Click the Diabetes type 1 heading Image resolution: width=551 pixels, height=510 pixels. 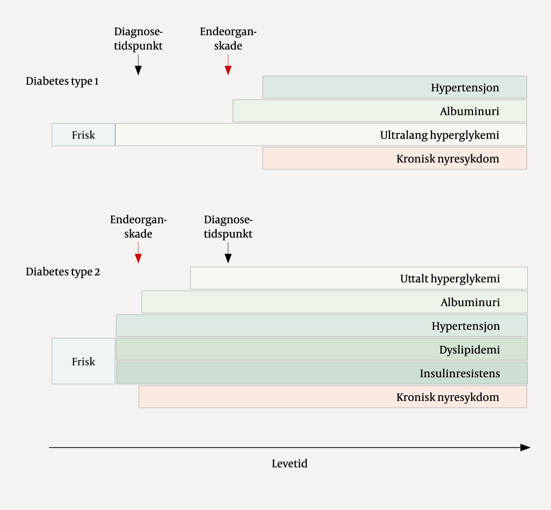point(62,81)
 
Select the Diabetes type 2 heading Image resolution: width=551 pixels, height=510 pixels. point(63,272)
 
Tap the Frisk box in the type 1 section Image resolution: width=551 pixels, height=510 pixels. point(83,135)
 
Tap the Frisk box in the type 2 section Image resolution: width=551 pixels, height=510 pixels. point(83,362)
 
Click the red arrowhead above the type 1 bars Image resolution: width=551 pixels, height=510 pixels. point(228,70)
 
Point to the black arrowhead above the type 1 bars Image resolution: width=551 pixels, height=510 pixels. point(138,70)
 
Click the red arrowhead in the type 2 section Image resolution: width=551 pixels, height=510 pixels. point(138,259)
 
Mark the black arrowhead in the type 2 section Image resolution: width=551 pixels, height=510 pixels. point(228,259)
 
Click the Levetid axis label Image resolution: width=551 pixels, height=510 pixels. point(289,464)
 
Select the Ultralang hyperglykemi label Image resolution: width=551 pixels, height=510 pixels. point(439,135)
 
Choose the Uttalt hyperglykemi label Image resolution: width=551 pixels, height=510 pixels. point(450,279)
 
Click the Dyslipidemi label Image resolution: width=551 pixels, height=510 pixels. point(469,350)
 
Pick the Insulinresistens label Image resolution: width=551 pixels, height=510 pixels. point(460,373)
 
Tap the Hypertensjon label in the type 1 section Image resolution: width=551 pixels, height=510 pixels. point(465,88)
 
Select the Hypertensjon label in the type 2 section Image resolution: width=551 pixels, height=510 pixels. point(466,326)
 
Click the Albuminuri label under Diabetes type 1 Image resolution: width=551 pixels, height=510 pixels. point(470,111)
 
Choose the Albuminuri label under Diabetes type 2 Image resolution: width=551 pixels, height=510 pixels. point(470,302)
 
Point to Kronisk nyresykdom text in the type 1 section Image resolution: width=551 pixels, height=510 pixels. point(447,159)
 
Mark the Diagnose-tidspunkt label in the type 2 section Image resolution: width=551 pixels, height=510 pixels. point(228,226)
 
